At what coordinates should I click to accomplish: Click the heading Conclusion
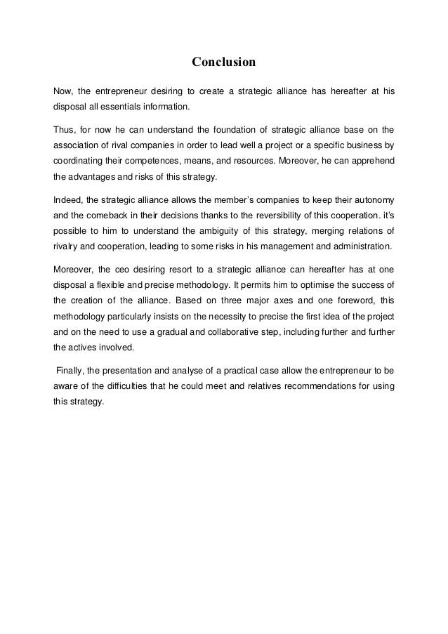pos(224,63)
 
